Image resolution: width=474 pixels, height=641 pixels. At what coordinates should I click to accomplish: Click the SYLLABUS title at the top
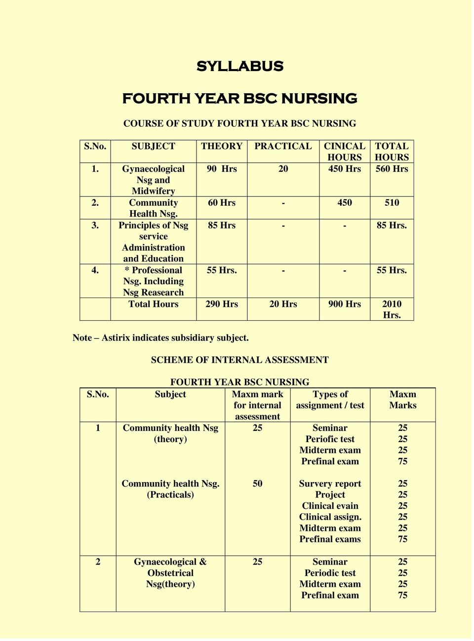point(239,66)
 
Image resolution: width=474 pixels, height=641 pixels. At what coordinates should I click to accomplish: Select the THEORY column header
point(221,146)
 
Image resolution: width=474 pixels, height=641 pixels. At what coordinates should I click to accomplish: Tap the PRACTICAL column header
point(283,146)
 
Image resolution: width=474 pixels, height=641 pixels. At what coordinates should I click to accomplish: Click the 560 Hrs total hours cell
point(392,169)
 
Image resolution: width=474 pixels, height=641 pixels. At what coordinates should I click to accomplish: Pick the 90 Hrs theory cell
point(222,169)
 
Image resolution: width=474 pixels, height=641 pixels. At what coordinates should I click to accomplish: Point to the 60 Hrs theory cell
point(222,202)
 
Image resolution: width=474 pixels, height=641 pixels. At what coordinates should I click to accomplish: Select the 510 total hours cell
point(392,202)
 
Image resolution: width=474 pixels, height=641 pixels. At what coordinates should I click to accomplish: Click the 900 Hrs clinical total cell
point(344,304)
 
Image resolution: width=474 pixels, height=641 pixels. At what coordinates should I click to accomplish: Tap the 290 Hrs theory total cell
point(222,304)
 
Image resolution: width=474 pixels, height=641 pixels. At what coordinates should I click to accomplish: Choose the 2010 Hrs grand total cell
point(392,309)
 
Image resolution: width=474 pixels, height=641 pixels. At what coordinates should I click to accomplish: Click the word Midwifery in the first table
point(153,191)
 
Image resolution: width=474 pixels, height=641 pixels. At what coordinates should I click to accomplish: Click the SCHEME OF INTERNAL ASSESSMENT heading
point(239,360)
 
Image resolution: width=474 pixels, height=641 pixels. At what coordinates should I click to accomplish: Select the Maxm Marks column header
point(402,400)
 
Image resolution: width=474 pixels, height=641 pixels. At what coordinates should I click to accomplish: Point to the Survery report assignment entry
point(330,484)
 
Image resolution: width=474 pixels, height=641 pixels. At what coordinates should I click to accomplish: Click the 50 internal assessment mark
point(257,484)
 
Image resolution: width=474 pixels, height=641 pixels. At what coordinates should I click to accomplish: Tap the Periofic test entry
point(330,439)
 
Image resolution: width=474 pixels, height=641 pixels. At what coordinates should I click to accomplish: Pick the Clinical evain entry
point(330,506)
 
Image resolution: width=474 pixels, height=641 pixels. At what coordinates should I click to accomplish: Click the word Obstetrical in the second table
point(170,573)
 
